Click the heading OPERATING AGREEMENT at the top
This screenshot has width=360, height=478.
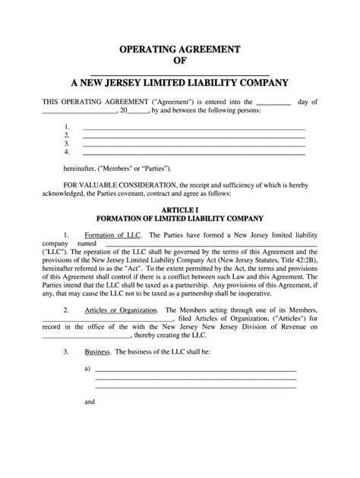click(x=179, y=49)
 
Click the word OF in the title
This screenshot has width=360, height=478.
click(x=179, y=61)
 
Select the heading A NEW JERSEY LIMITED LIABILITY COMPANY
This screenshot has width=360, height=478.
click(x=179, y=82)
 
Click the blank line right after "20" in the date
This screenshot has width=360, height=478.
click(x=140, y=110)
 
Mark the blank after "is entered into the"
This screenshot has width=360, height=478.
click(x=274, y=102)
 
